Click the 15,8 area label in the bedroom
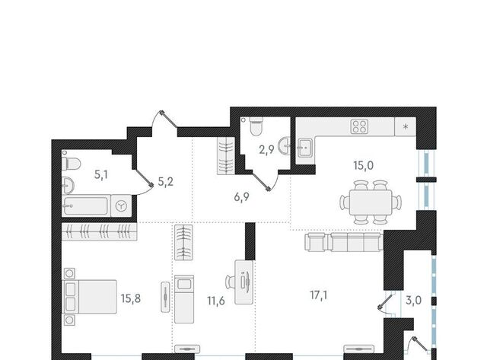click(131, 298)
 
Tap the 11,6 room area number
click(216, 301)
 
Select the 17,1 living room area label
click(319, 295)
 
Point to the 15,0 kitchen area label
click(364, 166)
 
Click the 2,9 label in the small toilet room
click(266, 150)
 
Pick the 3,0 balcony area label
click(414, 300)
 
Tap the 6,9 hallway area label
click(242, 197)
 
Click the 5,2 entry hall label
click(166, 182)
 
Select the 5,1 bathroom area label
click(101, 175)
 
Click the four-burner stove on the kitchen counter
click(359, 126)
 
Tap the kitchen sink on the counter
click(306, 148)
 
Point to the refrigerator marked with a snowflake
click(405, 126)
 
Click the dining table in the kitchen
click(371, 202)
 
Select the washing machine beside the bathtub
click(121, 205)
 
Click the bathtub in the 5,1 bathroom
click(86, 206)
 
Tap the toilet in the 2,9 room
click(256, 126)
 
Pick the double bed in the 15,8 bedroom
click(90, 296)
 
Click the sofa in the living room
click(344, 242)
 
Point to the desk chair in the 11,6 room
click(230, 282)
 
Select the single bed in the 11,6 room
click(184, 299)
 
